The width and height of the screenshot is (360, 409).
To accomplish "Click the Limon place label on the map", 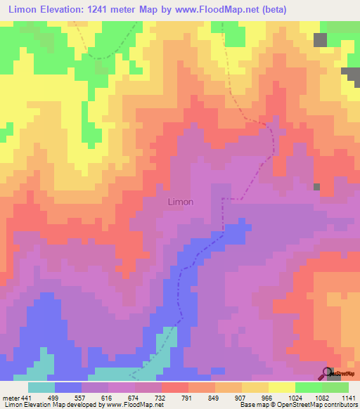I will coord(181,202).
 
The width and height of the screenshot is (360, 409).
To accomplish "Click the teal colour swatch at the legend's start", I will coord(41,387).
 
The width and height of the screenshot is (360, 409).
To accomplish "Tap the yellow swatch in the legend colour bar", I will coord(281,387).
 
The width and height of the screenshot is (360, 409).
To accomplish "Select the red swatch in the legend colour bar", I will coord(175,387).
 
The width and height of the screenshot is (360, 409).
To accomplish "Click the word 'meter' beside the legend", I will coord(10,398).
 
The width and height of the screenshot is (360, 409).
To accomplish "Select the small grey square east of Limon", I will coord(317,187).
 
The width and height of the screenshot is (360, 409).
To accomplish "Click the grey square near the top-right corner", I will coord(321,40).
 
